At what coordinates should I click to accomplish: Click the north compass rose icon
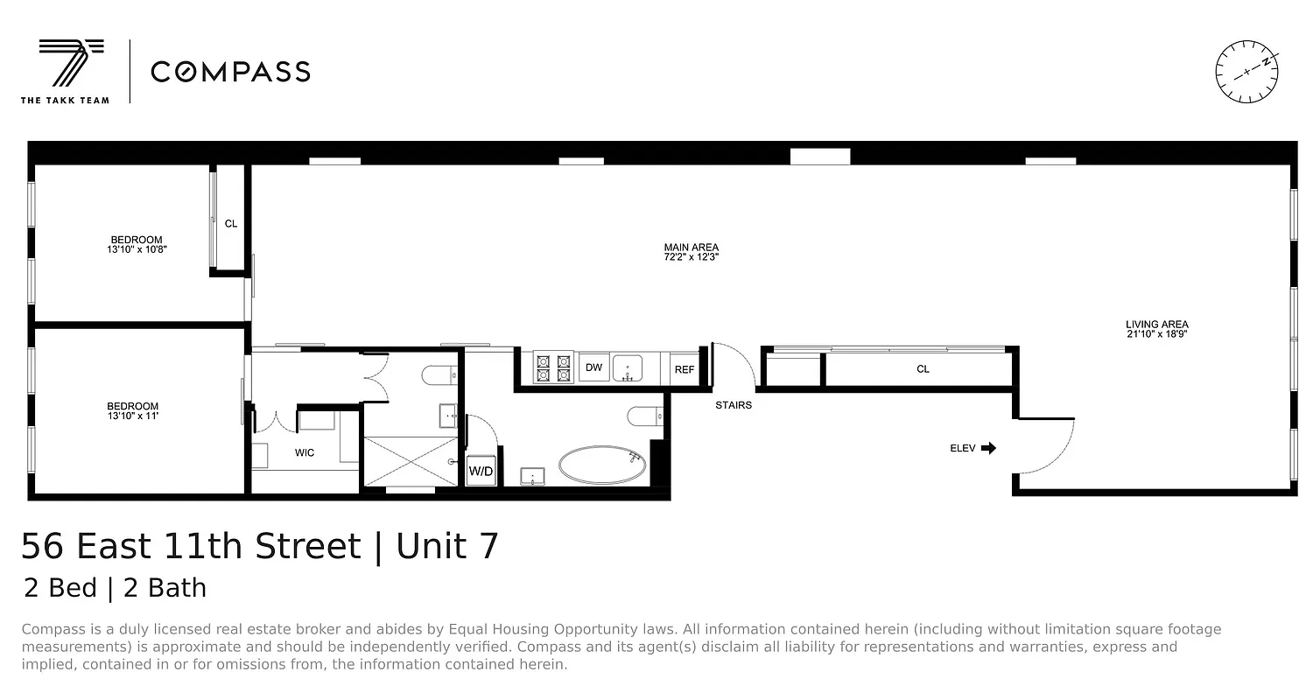pos(1246,72)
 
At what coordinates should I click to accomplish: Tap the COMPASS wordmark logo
pos(230,72)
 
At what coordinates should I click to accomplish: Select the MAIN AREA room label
pos(691,253)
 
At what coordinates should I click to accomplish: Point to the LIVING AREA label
pos(1156,329)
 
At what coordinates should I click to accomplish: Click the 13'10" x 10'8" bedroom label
pos(136,245)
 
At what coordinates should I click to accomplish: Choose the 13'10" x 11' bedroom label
pos(132,411)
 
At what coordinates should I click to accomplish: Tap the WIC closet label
pos(304,453)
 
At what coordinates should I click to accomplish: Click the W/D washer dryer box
pos(481,471)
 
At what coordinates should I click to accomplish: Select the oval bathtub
pos(603,465)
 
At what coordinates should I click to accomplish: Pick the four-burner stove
pos(553,367)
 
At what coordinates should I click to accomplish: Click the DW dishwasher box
pos(593,367)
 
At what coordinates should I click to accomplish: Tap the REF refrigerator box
pos(684,370)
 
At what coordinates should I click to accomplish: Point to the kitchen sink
pos(628,368)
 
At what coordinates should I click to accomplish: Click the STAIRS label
pos(733,405)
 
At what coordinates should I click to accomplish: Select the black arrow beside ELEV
pos(988,449)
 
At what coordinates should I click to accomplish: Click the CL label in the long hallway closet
pos(923,369)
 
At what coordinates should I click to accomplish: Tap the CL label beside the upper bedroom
pos(231,224)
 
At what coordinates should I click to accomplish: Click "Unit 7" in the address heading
pos(447,547)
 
